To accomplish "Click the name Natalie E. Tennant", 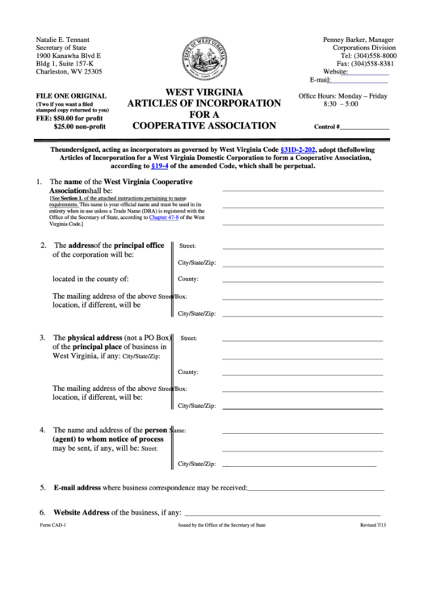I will [63, 40].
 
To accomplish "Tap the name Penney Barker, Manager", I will [359, 40].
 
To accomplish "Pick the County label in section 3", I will [188, 372].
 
